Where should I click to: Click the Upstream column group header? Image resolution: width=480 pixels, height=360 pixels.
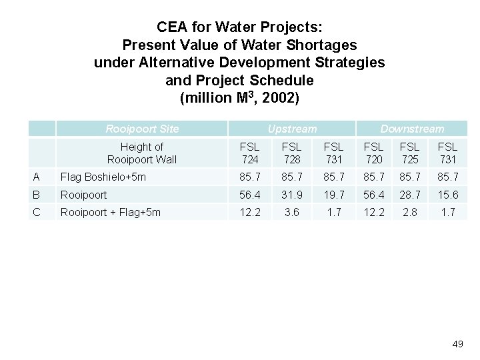[292, 129]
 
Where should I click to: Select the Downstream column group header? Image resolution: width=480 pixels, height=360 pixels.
[411, 129]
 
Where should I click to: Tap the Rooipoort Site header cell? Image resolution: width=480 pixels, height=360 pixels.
[142, 129]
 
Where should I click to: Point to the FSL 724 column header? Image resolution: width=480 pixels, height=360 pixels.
[249, 153]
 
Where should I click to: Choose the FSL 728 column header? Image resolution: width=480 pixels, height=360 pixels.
[291, 153]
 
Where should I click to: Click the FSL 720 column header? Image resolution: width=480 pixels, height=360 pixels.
[374, 153]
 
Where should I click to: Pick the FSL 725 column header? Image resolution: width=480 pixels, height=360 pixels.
[411, 153]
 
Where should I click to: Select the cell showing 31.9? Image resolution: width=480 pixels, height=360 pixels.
[291, 195]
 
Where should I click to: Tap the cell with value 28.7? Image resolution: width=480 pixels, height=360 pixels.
[411, 195]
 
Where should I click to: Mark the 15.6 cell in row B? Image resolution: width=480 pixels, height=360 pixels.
[448, 195]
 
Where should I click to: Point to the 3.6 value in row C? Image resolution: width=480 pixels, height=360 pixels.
[291, 212]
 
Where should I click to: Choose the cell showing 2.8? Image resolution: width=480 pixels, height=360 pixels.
[411, 212]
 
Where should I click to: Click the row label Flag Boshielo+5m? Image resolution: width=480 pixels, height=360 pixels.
[103, 177]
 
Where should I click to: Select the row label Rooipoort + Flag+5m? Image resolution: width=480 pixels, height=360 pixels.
[110, 212]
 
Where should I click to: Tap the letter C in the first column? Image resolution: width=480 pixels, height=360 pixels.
[37, 212]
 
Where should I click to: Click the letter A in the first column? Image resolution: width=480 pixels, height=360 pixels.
[37, 177]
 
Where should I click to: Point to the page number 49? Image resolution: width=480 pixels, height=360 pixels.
[457, 344]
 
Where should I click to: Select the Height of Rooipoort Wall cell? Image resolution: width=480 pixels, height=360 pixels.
[142, 153]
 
